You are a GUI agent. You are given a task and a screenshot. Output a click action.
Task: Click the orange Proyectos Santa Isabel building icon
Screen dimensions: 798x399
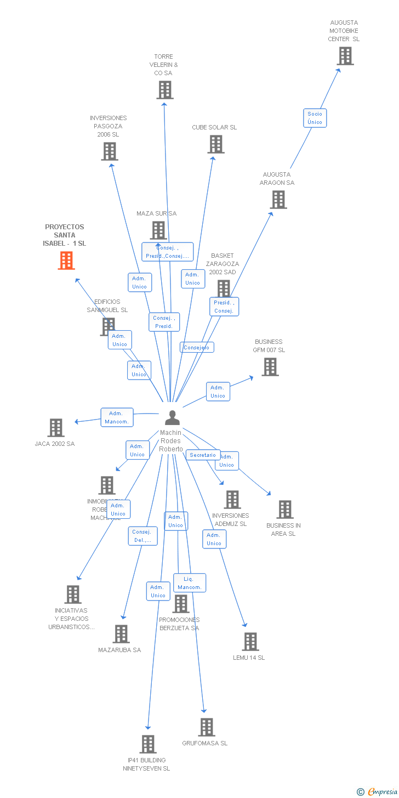[x=66, y=261]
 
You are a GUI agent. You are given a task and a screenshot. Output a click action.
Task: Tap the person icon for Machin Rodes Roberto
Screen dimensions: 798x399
[x=172, y=418]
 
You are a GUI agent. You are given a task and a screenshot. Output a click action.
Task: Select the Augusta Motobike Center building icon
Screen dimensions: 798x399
[x=345, y=56]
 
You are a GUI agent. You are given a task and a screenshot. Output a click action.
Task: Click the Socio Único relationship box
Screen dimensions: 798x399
[x=315, y=118]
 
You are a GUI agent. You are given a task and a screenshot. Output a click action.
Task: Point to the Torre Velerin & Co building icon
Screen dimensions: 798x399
[x=164, y=90]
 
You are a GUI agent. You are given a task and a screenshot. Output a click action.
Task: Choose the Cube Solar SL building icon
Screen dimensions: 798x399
[x=216, y=144]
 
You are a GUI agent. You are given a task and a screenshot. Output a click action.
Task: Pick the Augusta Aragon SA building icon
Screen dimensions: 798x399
[x=278, y=200]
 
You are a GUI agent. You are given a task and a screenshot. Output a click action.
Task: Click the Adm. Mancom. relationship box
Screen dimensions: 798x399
[x=117, y=417]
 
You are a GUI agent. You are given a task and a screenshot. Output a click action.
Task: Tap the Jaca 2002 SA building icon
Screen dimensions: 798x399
[x=56, y=428]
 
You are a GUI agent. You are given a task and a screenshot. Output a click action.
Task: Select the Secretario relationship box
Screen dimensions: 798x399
[x=203, y=455]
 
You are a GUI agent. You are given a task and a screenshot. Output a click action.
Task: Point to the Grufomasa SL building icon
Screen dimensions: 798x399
[x=206, y=727]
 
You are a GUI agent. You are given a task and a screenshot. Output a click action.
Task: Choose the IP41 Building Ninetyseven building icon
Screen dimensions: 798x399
[x=147, y=744]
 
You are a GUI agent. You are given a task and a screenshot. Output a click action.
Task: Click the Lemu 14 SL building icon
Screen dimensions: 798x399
[x=250, y=642]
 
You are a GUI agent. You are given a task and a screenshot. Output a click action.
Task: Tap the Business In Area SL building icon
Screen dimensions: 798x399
[x=284, y=510]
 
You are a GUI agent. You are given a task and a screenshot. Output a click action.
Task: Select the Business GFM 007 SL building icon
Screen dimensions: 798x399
[x=270, y=367]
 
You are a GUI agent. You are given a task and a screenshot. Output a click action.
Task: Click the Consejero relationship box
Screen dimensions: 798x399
[x=197, y=347]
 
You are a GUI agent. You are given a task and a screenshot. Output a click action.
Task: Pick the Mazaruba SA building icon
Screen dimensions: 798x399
[x=121, y=634]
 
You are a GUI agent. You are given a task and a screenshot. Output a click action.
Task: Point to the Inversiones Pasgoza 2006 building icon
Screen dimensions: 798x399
[x=109, y=151]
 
